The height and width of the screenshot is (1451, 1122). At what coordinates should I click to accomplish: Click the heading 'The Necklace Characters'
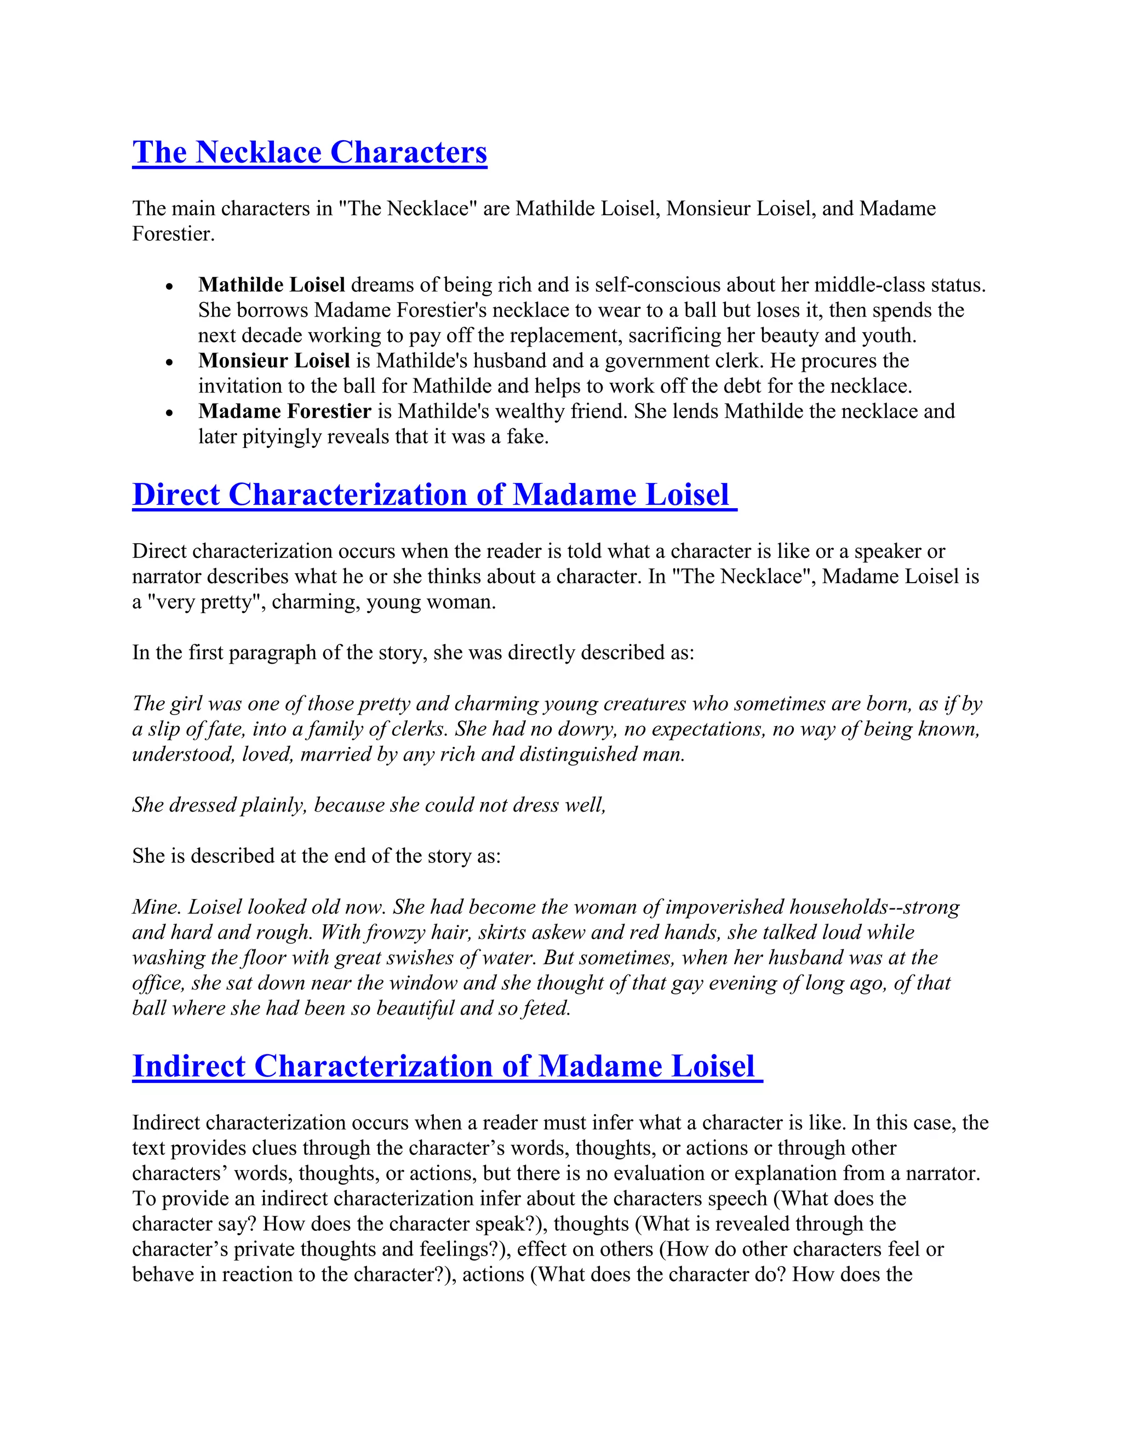(x=309, y=152)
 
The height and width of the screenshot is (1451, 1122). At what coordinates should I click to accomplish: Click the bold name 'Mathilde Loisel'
(x=271, y=285)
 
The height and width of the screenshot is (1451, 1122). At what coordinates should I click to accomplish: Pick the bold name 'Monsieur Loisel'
(x=274, y=361)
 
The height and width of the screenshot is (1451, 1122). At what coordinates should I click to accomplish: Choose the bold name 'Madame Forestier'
(x=284, y=411)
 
